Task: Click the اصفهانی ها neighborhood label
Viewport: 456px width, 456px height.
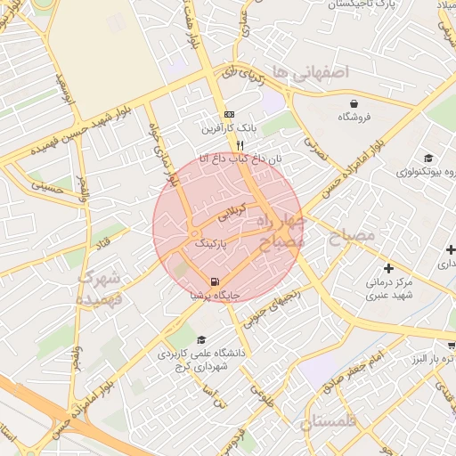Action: click(311, 70)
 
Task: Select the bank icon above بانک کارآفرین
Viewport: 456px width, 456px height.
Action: click(229, 115)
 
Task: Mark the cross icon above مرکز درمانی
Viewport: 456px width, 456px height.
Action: click(387, 267)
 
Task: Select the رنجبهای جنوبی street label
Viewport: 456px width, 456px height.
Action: click(268, 309)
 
